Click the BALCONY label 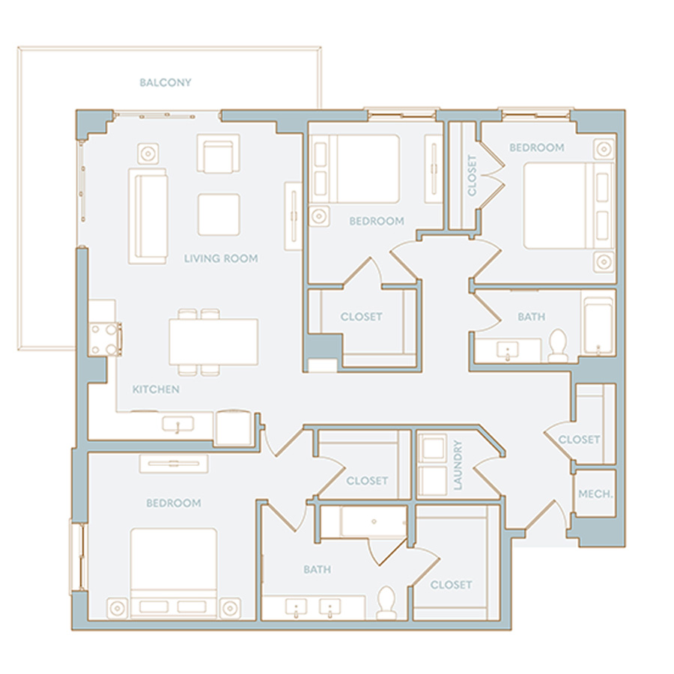[166, 82]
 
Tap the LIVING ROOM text [221, 258]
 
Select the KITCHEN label [156, 389]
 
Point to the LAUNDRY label [458, 464]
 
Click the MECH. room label [595, 494]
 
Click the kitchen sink [177, 425]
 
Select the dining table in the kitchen [213, 341]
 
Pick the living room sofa [148, 216]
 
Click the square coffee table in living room [219, 214]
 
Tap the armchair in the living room [219, 154]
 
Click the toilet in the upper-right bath [559, 346]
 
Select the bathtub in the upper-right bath [598, 327]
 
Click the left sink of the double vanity [296, 608]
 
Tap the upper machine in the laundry [432, 449]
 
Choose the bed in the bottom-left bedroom [174, 574]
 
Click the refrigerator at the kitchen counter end [234, 428]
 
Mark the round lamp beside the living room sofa [148, 154]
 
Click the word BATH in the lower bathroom [318, 570]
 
